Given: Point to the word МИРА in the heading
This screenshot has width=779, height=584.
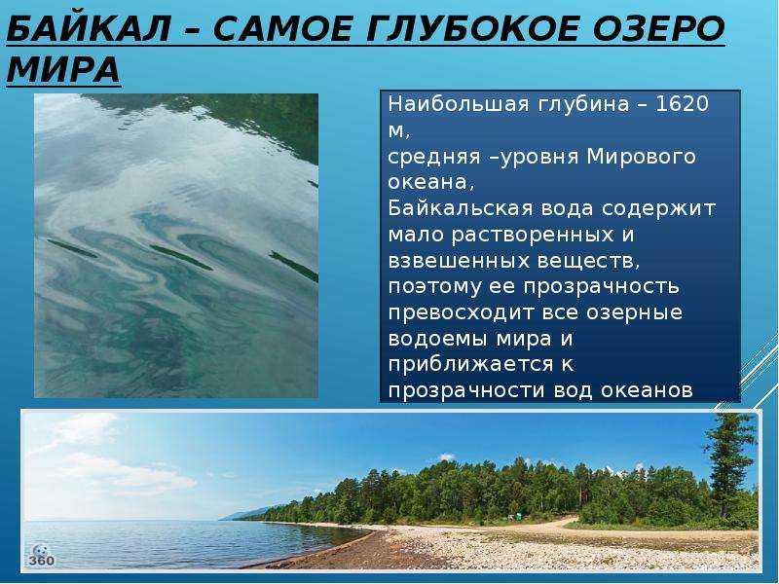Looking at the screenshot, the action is (63, 69).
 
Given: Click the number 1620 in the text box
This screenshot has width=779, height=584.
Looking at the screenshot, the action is (683, 104).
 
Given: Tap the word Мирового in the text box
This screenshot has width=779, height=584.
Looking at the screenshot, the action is (641, 157).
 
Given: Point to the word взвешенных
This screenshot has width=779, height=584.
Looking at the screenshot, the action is (459, 261).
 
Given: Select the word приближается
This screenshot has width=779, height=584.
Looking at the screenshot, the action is (471, 365).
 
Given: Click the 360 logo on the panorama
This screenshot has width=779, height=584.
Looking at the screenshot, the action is (41, 556).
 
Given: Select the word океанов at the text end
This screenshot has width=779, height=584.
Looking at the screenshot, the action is (647, 391).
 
